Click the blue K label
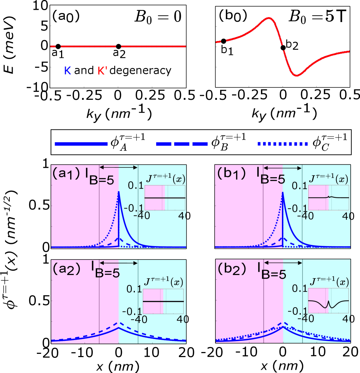click(68, 71)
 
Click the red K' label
click(102, 71)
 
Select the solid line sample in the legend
click(81, 143)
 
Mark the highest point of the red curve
click(269, 18)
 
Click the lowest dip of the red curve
click(297, 75)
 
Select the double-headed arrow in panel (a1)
click(119, 167)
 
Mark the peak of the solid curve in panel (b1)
click(283, 192)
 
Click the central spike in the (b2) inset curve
click(328, 301)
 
